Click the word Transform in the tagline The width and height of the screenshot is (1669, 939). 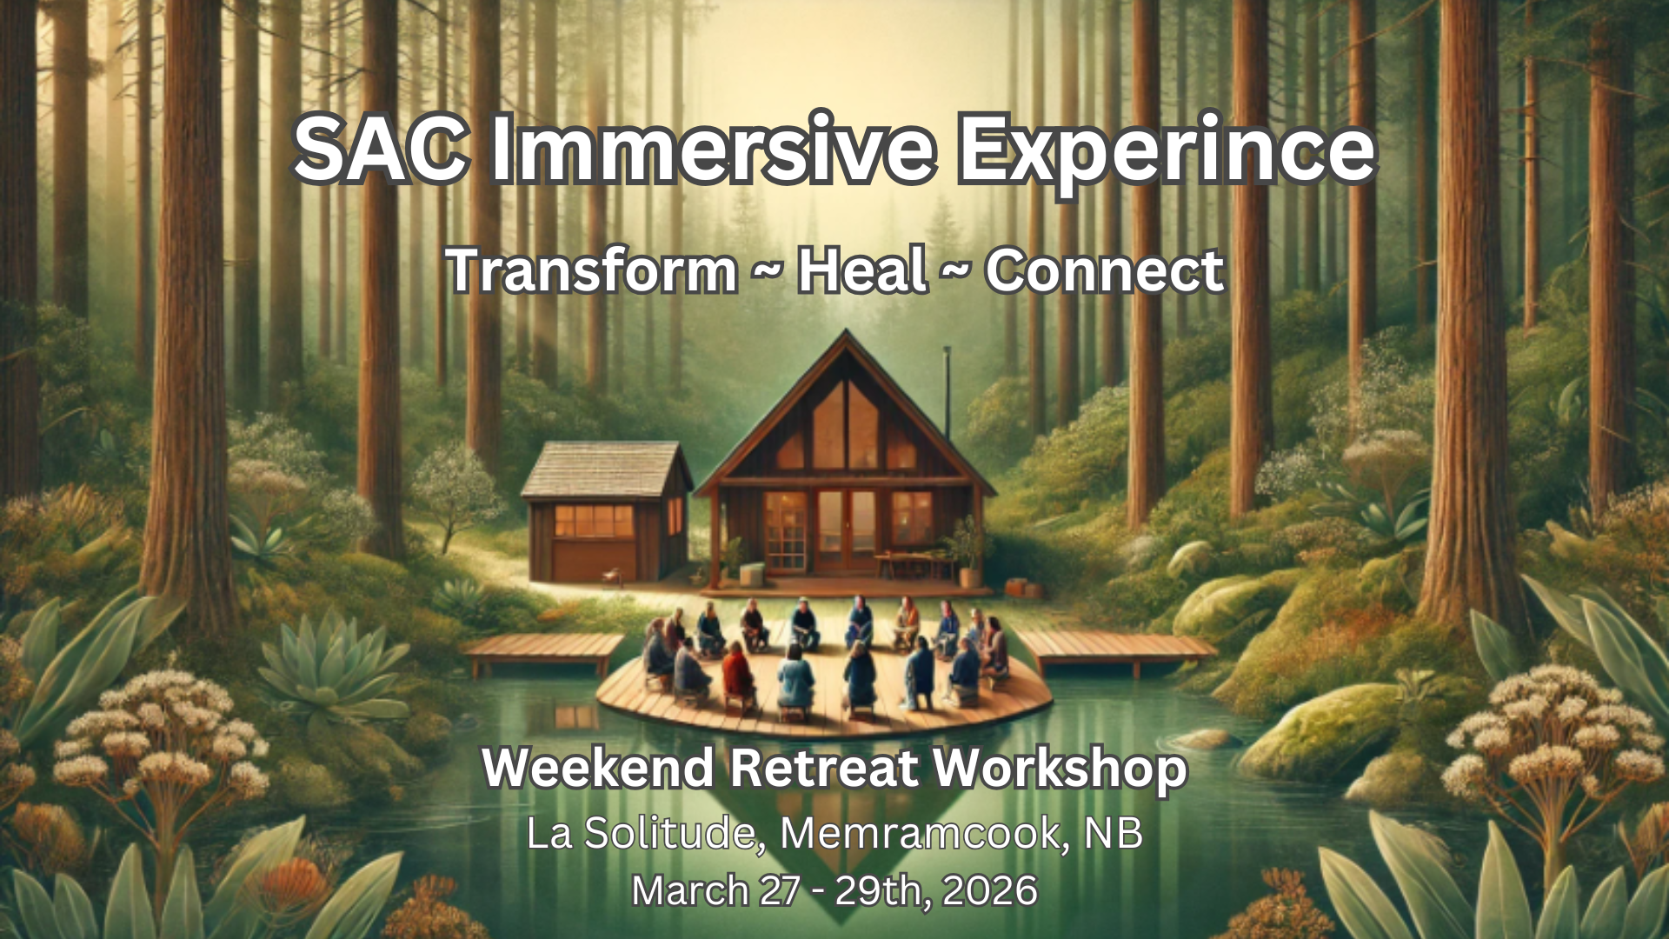click(592, 270)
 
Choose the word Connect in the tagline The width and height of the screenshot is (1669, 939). click(1105, 270)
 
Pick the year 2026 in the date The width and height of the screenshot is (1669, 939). click(989, 891)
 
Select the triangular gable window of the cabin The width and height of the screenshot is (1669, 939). click(845, 425)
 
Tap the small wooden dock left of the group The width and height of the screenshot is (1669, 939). click(542, 649)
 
